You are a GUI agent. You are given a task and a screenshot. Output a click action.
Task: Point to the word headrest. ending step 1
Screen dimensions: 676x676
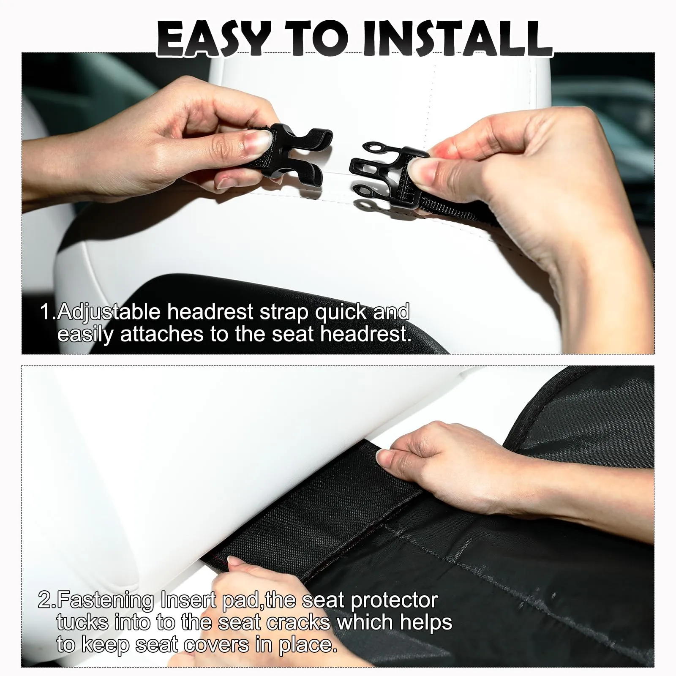click(x=365, y=334)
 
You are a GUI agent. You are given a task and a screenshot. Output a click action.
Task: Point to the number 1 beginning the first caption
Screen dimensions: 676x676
click(x=45, y=313)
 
